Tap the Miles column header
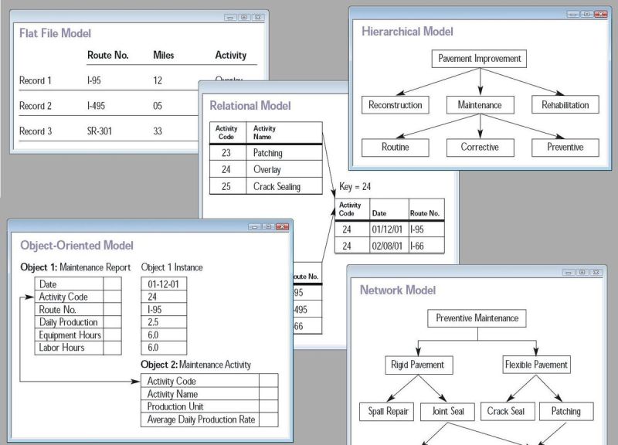click(x=164, y=56)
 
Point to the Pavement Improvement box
click(x=480, y=59)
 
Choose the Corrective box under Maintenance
click(x=480, y=147)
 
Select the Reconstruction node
click(x=396, y=105)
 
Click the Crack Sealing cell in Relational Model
click(x=277, y=187)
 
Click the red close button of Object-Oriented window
click(x=282, y=226)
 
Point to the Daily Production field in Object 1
click(x=68, y=322)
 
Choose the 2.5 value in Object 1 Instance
click(x=153, y=322)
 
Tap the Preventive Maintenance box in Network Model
click(x=477, y=318)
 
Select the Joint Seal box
click(x=447, y=412)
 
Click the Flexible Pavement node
click(x=536, y=364)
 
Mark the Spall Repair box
click(x=386, y=412)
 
